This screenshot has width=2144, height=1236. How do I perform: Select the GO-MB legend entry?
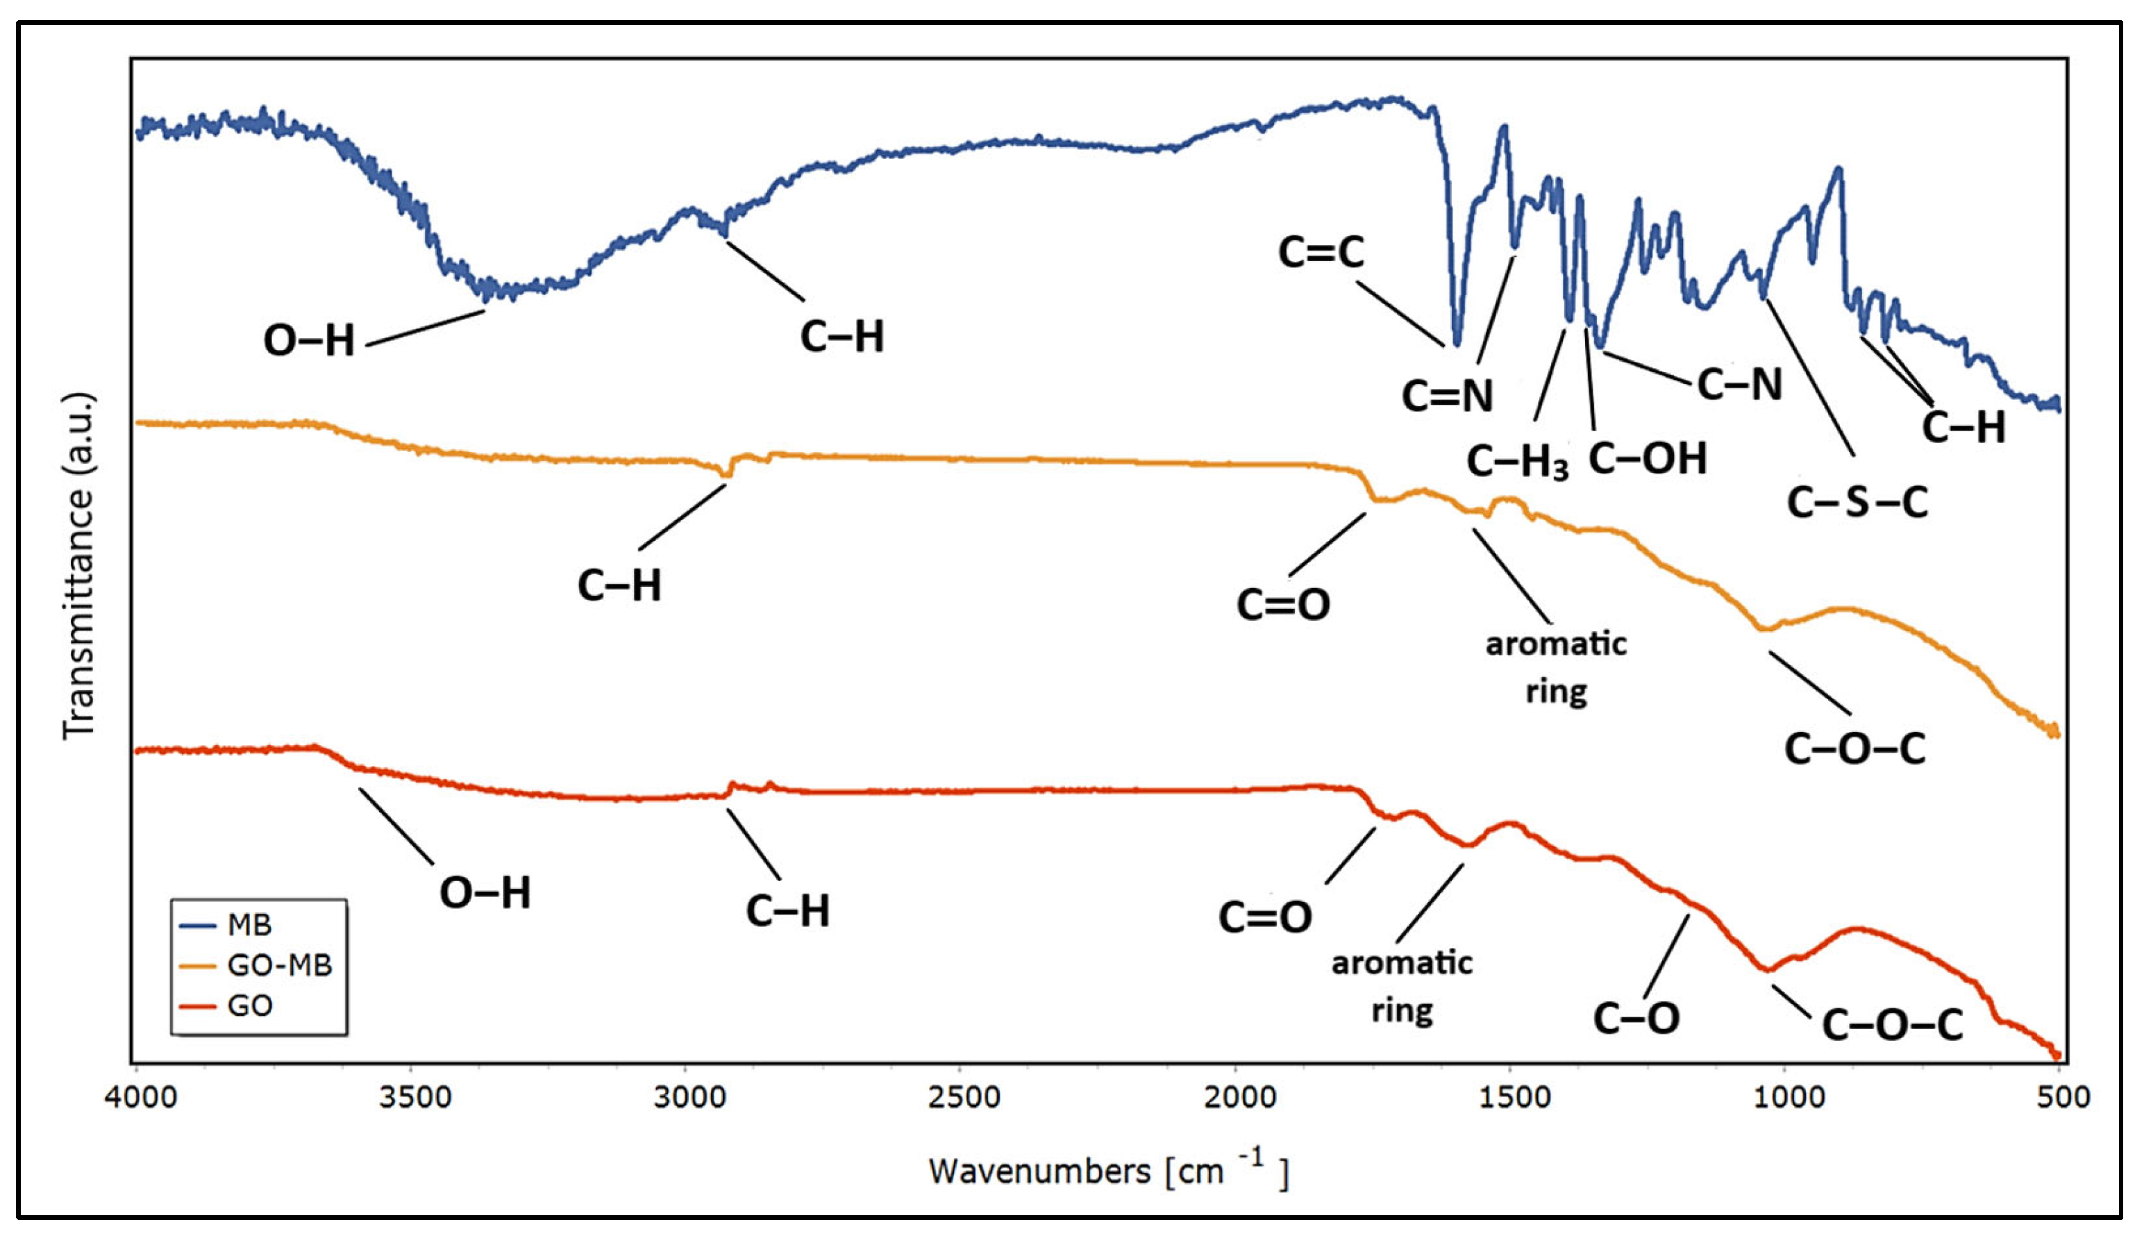click(279, 965)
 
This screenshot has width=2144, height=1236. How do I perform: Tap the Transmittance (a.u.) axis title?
click(79, 565)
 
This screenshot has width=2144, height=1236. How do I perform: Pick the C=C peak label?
click(1321, 252)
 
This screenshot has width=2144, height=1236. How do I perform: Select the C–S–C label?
click(1857, 503)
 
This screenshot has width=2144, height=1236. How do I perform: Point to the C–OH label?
click(1648, 458)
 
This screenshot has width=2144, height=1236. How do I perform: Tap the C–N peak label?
click(1739, 385)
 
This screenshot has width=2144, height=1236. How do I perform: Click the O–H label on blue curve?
click(309, 341)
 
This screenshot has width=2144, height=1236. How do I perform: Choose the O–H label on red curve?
click(485, 893)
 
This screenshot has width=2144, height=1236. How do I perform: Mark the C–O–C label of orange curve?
click(1854, 749)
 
